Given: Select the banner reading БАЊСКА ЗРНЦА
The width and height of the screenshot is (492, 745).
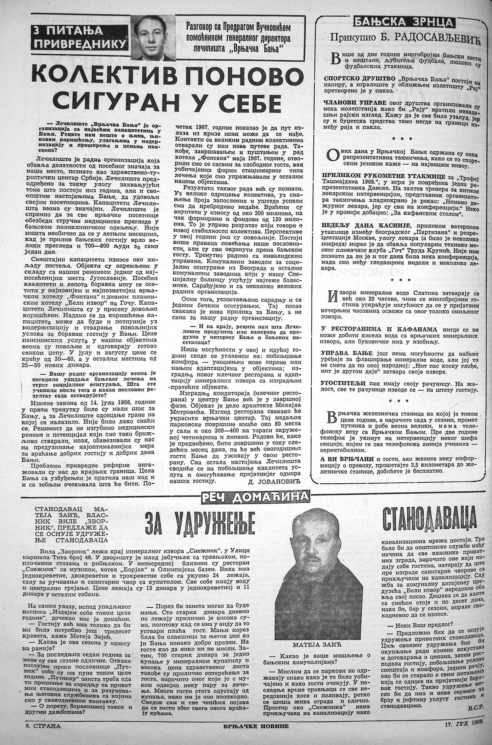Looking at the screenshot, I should (404, 22).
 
